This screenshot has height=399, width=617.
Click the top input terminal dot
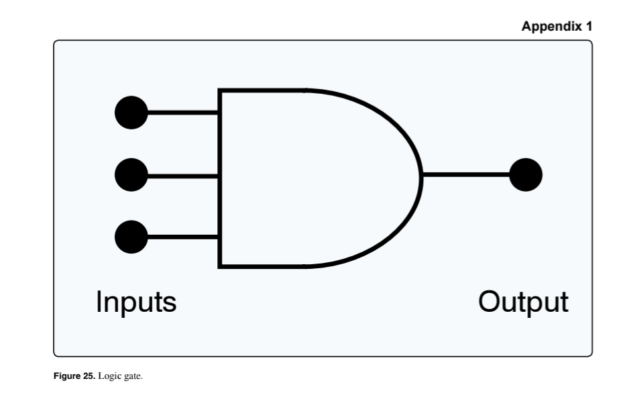pos(131,113)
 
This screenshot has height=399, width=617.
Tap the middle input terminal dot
pos(131,176)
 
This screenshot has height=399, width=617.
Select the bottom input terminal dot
pos(131,237)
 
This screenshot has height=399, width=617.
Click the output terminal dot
pos(525,174)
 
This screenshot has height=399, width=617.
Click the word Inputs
pos(136,302)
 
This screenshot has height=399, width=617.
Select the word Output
pos(522,302)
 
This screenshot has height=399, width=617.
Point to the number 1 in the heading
pos(589,27)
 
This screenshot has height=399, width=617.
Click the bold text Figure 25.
pos(74,376)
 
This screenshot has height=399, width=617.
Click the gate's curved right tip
pos(421,176)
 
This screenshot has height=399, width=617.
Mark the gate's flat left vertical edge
pos(220,178)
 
